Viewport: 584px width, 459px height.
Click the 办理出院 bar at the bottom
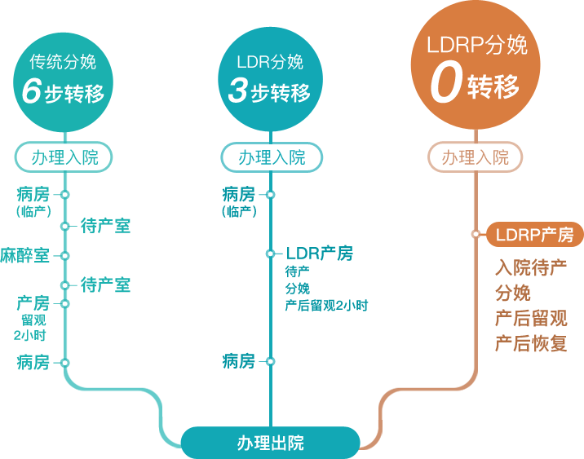pyautogui.click(x=270, y=443)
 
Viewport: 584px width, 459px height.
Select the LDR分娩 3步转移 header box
pyautogui.click(x=270, y=82)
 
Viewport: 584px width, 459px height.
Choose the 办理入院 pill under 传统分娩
pyautogui.click(x=65, y=157)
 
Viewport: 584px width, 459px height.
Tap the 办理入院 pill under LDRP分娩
pyautogui.click(x=476, y=157)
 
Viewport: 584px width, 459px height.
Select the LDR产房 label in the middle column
pyautogui.click(x=320, y=254)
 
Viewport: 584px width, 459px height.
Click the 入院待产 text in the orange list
pyautogui.click(x=531, y=268)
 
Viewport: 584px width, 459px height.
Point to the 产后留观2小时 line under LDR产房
pyautogui.click(x=326, y=306)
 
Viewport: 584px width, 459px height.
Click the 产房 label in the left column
pyautogui.click(x=33, y=302)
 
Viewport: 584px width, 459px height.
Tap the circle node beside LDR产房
pyautogui.click(x=270, y=254)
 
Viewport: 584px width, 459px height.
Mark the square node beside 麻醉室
pyautogui.click(x=64, y=255)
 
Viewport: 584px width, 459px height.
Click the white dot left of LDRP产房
pyautogui.click(x=476, y=235)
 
